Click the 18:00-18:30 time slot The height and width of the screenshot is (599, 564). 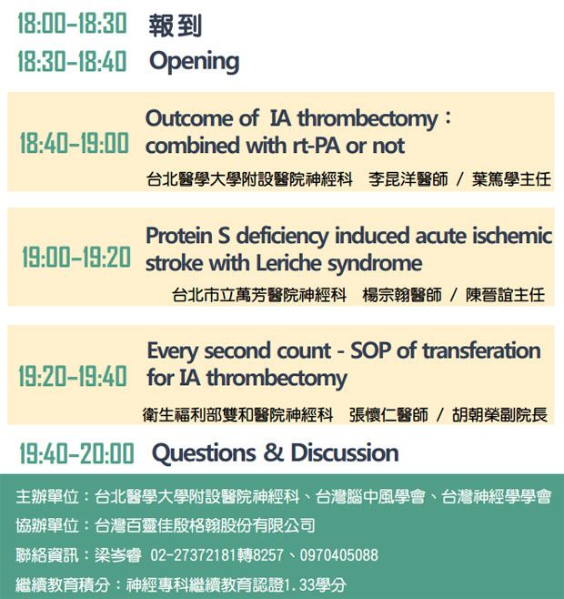click(72, 24)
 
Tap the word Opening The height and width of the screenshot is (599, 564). click(194, 62)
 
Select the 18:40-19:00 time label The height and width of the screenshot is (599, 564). click(75, 143)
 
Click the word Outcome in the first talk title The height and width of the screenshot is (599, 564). click(189, 118)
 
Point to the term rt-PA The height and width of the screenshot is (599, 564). click(317, 146)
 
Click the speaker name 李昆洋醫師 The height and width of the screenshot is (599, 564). click(408, 179)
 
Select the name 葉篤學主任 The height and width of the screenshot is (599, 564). click(511, 179)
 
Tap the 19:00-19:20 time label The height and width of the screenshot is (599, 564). click(76, 257)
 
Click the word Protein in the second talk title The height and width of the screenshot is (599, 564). click(179, 236)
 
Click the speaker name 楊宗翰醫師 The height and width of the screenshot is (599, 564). click(402, 295)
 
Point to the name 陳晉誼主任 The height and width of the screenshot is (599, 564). click(505, 295)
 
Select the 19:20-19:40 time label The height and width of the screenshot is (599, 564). click(73, 376)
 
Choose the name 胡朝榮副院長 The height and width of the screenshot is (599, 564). click(499, 415)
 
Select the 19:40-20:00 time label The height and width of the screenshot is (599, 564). click(76, 453)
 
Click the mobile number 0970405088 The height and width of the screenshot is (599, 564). click(339, 555)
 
